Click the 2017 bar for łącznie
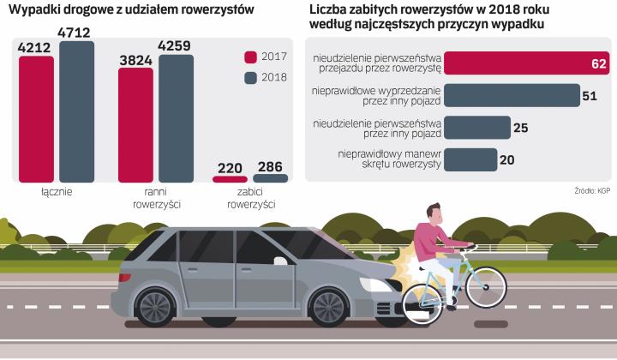pos(35,122)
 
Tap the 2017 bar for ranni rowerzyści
pos(135,125)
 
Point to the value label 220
pos(229,166)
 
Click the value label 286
pos(271,166)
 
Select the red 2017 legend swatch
pos(251,57)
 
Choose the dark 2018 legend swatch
pos(251,78)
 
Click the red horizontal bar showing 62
pos(528,63)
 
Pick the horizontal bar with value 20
pos(470,159)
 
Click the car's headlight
pos(378,281)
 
